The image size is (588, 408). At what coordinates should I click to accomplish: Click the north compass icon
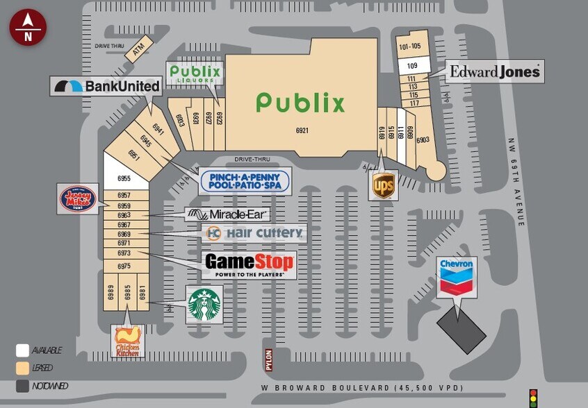28,28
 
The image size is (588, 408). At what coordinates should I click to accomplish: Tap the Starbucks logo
204,304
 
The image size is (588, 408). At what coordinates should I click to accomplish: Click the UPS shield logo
384,185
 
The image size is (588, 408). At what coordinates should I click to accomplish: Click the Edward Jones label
494,71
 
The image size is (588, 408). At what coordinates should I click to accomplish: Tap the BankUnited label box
106,86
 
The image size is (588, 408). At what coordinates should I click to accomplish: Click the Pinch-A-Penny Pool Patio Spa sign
244,181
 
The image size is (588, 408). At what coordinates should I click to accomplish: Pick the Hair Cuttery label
254,233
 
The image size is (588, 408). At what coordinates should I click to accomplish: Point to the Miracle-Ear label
227,214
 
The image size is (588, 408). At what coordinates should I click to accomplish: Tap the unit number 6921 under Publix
302,130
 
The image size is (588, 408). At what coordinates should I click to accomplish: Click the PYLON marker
268,359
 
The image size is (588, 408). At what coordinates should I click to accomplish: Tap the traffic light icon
533,397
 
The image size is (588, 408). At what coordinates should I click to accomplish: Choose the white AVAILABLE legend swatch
23,350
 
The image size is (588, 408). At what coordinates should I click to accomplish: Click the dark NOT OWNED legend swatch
23,386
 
